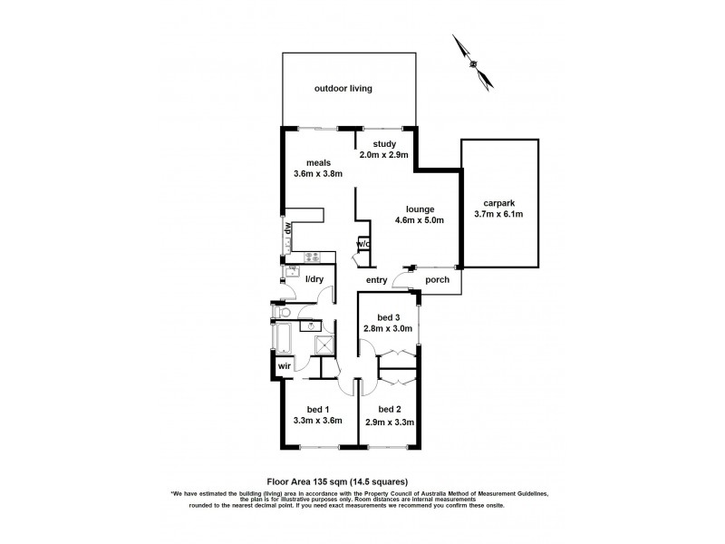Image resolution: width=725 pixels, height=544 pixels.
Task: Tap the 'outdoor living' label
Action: (x=343, y=89)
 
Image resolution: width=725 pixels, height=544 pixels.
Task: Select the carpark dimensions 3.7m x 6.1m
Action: (x=498, y=214)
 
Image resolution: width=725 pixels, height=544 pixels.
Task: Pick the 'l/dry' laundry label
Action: (x=314, y=279)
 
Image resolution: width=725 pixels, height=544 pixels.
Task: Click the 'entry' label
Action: (x=377, y=280)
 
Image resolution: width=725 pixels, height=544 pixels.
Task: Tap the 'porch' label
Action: (x=439, y=280)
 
